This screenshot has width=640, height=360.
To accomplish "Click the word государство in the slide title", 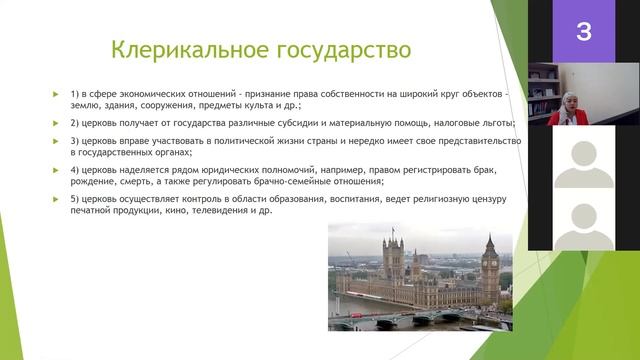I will pos(331,49).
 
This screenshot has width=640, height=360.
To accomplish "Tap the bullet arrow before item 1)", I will pos(57,94).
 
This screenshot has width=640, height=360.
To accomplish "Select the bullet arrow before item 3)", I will pos(57,142).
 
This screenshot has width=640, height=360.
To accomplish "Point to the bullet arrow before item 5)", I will pos(57,199).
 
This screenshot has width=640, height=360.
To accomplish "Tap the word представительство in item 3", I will pos(461,142).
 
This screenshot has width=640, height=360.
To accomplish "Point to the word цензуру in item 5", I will pos(486,199).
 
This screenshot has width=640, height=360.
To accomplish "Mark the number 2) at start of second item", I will pos(76,123).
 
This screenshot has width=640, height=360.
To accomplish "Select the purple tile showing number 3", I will pos(584,32).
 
